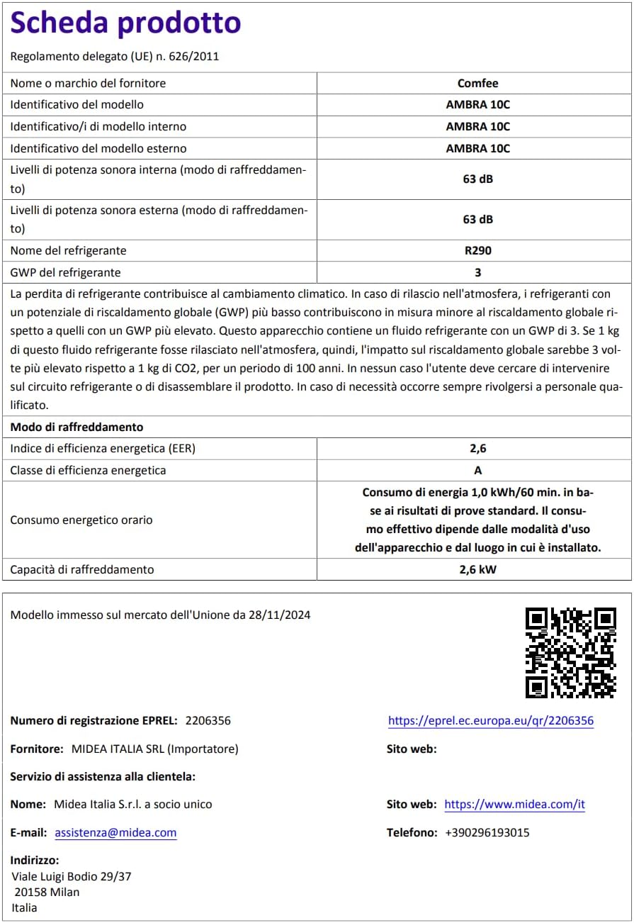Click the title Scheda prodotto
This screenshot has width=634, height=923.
click(125, 24)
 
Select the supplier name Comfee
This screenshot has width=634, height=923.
click(477, 83)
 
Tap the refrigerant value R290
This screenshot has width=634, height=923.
click(477, 250)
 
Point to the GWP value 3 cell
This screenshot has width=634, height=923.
click(477, 272)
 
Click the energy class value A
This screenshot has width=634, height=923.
click(477, 470)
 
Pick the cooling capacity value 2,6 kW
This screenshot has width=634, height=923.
click(477, 569)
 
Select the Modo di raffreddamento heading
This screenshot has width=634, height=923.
click(77, 427)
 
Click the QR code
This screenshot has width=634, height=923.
click(570, 652)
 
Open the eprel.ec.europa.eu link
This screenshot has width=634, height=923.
click(490, 721)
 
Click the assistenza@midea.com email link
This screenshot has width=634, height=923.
click(115, 833)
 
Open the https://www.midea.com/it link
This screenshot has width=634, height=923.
click(514, 805)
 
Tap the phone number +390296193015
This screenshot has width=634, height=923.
click(487, 833)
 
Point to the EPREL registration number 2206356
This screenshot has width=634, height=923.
click(208, 721)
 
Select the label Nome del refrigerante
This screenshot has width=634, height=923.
click(68, 250)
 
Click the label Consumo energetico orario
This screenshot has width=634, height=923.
click(81, 520)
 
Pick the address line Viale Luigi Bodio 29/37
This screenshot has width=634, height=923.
click(71, 876)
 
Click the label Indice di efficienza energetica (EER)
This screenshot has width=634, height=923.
click(103, 448)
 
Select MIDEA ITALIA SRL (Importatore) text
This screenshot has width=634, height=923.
click(155, 749)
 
